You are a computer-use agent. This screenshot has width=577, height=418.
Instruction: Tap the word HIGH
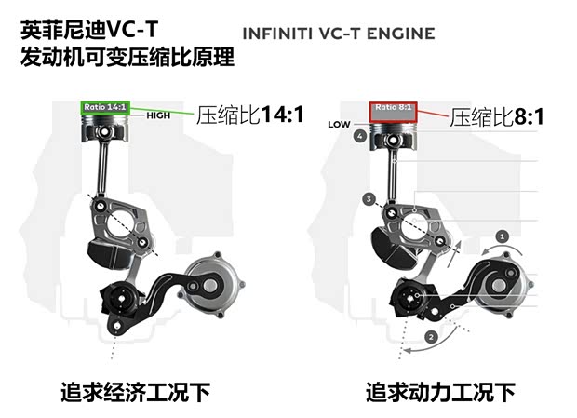158,115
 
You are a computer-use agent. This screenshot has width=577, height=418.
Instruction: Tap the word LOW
338,123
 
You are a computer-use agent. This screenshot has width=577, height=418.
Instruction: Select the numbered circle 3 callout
369,199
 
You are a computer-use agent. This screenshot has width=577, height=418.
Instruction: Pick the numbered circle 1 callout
503,237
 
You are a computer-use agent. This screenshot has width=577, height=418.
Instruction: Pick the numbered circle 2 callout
431,336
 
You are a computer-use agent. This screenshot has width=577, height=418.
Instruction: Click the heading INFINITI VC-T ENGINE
338,34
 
